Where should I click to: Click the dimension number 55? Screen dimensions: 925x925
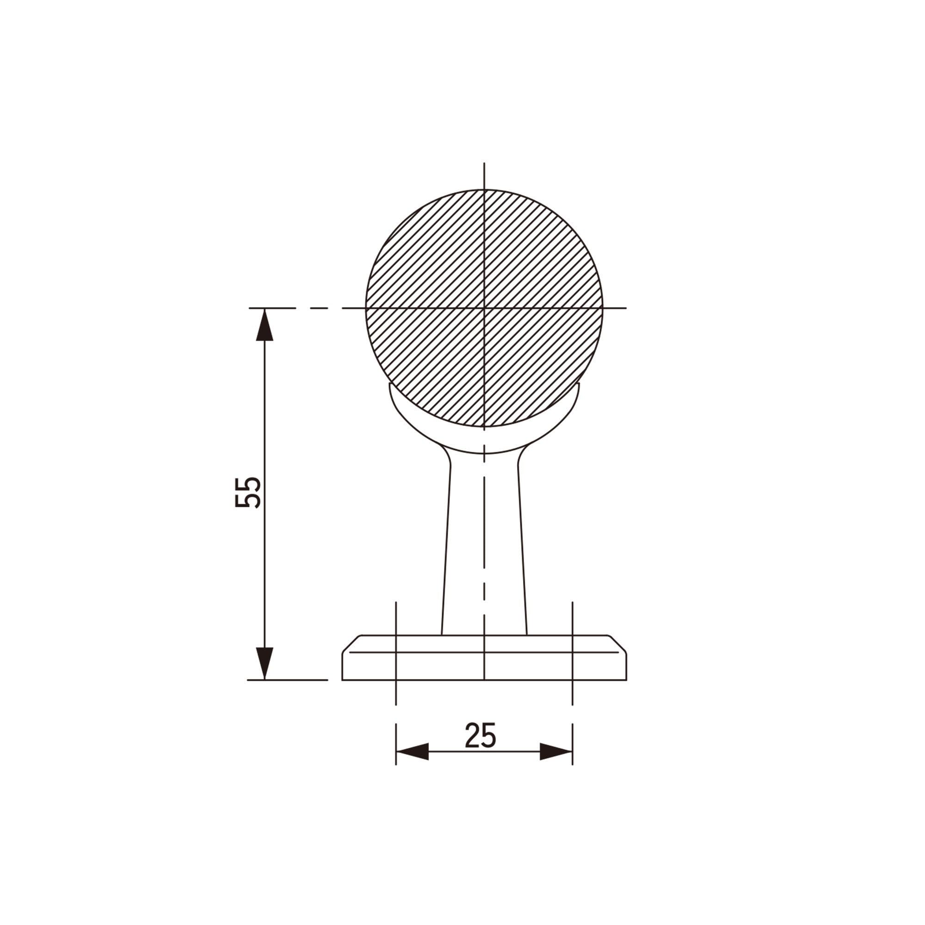pos(248,493)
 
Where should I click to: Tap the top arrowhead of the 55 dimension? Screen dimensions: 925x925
pos(265,325)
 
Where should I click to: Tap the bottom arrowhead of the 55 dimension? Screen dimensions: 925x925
pos(265,663)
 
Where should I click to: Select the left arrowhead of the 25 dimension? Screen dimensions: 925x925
pos(412,752)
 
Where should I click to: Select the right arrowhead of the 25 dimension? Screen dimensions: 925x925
pos(556,752)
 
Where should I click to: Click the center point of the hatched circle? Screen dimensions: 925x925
pos(484,308)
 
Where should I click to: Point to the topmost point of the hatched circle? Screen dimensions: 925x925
pos(484,190)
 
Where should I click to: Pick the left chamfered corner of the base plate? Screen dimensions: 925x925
pos(351,643)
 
